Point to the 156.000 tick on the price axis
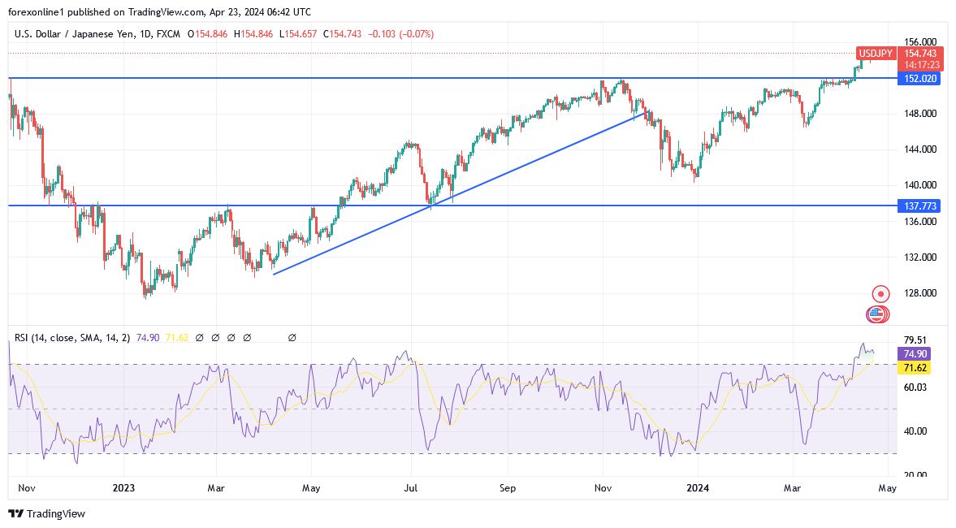coord(920,42)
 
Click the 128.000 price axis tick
coord(920,293)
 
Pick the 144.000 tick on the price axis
coord(920,149)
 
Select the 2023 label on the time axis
coord(123,488)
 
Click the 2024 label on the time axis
coord(697,488)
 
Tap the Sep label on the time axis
coord(508,488)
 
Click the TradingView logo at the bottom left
coord(46,513)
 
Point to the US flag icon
coord(876,314)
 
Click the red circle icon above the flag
coord(880,293)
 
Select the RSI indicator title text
coord(70,337)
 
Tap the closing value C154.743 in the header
coord(342,34)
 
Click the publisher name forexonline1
coord(40,12)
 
